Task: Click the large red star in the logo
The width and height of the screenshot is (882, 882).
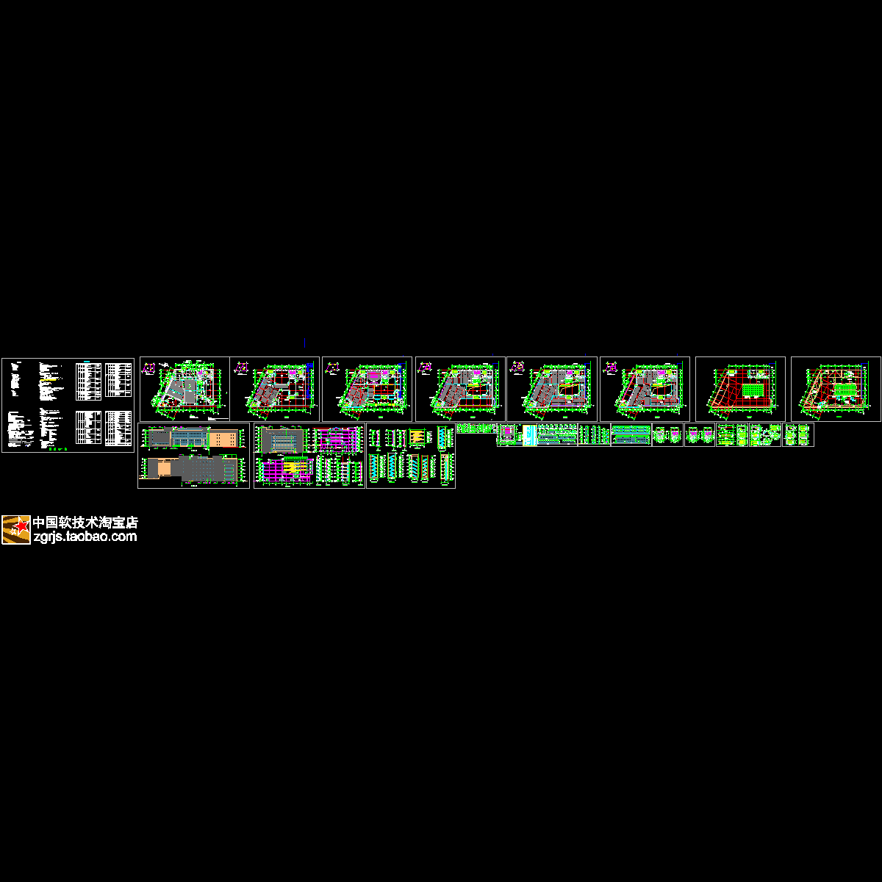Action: coord(23,524)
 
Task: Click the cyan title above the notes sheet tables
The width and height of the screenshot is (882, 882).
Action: coord(91,362)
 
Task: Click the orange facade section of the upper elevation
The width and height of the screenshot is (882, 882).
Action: coord(223,439)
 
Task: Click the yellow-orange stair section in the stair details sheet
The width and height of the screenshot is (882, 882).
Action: coord(417,437)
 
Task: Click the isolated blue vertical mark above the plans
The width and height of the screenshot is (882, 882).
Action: coord(304,343)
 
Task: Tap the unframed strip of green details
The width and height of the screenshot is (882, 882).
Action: coord(476,429)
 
